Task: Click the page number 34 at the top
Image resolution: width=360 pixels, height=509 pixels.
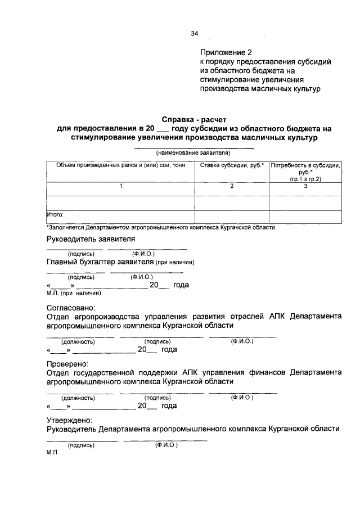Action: [195, 34]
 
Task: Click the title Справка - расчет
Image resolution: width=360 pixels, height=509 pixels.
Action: [194, 119]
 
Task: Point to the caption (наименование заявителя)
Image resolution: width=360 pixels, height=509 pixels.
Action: [193, 152]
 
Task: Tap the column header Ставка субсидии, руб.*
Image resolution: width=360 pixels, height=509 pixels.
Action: [232, 165]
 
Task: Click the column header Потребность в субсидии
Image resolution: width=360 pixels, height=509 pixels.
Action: [305, 165]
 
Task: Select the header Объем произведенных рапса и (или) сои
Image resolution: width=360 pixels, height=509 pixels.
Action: [120, 165]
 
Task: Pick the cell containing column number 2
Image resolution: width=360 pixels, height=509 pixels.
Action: [232, 186]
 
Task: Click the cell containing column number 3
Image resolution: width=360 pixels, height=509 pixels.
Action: [305, 186]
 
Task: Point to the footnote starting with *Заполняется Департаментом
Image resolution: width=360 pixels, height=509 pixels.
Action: [161, 227]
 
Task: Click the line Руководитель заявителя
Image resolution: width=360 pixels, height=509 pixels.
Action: [90, 240]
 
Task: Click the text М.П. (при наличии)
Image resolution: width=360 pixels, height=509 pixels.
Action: [73, 292]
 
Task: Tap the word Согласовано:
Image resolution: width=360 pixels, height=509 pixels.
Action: [70, 307]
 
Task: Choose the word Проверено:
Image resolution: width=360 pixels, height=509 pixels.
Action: [67, 363]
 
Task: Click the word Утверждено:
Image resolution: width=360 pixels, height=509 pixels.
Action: [69, 420]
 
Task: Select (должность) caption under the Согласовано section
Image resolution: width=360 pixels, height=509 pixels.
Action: [78, 341]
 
